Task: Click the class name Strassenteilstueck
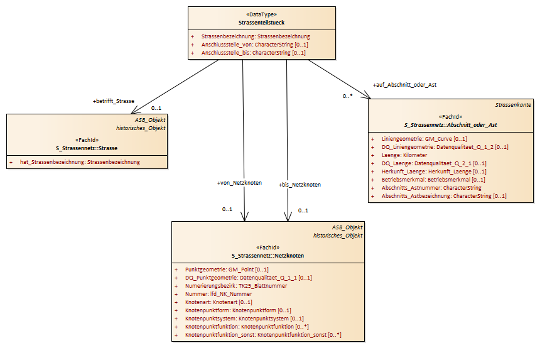(x=261, y=23)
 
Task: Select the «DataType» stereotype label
(x=261, y=14)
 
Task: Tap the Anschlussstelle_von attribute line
(x=255, y=45)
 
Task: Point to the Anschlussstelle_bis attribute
(x=254, y=53)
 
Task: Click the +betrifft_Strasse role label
(x=114, y=101)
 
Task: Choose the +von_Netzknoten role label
(x=239, y=183)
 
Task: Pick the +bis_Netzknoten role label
(x=300, y=185)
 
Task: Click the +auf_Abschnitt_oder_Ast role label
(x=404, y=85)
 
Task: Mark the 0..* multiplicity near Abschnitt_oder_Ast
(x=347, y=96)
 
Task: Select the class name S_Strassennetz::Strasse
(x=87, y=148)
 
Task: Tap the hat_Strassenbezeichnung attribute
(x=80, y=162)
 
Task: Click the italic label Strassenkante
(x=513, y=105)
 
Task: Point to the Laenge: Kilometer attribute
(x=404, y=155)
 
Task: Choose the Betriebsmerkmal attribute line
(x=433, y=180)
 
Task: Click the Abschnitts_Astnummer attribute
(x=431, y=188)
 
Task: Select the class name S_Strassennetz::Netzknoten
(x=268, y=256)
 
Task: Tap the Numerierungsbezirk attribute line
(x=236, y=286)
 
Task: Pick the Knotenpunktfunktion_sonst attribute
(x=263, y=334)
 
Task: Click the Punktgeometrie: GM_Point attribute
(x=227, y=270)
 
